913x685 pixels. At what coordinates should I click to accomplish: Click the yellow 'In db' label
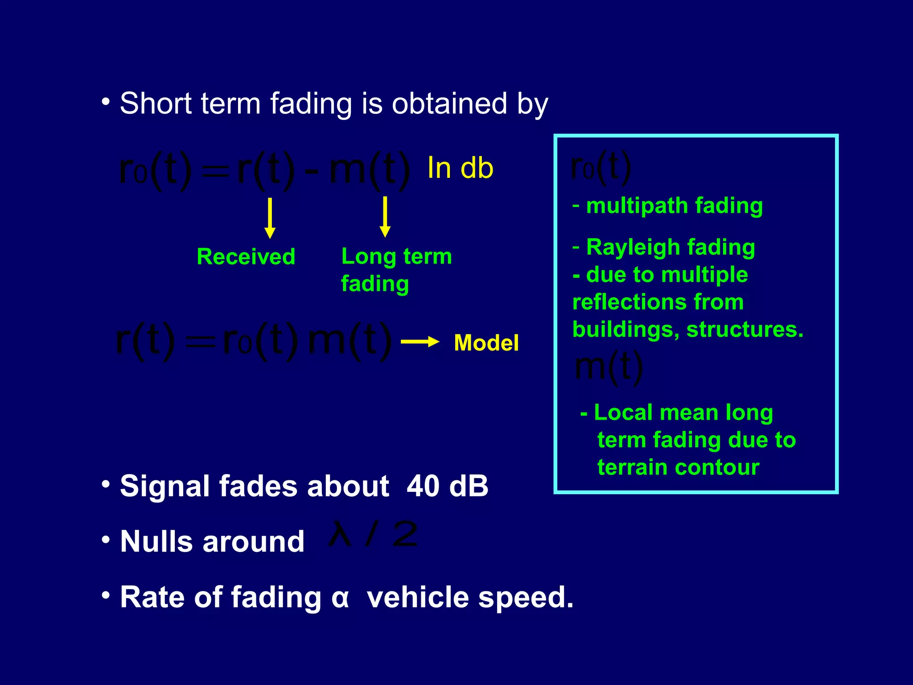click(460, 168)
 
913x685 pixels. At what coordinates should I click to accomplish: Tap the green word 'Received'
click(246, 257)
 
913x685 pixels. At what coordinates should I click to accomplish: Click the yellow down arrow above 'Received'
click(270, 218)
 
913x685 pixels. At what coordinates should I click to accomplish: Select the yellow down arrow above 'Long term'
click(385, 217)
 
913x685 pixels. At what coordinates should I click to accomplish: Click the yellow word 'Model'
click(486, 343)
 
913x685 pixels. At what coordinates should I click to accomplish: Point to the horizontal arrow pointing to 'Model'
click(419, 342)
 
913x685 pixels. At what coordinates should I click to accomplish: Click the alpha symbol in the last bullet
click(340, 598)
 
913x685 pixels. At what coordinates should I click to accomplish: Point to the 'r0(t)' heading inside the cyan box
click(600, 167)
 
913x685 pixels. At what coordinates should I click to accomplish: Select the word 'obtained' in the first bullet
click(449, 103)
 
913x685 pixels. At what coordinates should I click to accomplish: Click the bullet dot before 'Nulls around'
click(106, 540)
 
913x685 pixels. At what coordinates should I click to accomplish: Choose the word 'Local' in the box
click(623, 413)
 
